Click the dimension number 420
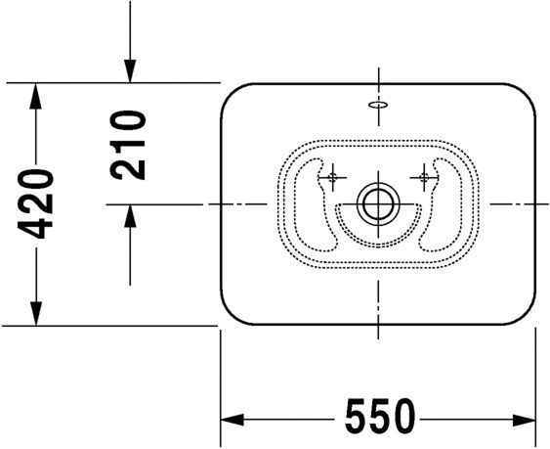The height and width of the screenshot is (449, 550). pos(36,203)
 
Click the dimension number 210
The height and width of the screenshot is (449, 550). pos(128,144)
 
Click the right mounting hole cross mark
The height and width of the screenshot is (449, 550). pos(424,177)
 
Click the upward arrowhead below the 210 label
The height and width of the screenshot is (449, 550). pos(129,216)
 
